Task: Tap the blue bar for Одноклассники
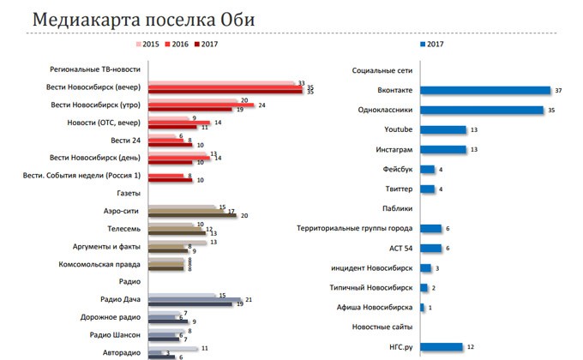point(482,110)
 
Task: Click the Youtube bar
point(442,129)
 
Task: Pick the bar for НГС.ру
point(441,346)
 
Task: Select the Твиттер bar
point(426,189)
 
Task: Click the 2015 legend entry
point(147,44)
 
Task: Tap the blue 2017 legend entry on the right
point(431,44)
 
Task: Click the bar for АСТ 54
point(431,248)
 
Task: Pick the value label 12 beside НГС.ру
point(470,346)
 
